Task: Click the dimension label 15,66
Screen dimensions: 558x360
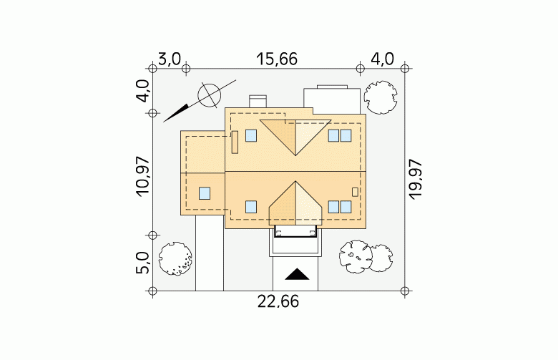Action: tap(277, 59)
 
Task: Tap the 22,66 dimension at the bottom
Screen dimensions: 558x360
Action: tap(278, 302)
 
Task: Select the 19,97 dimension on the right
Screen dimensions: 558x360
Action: tap(415, 180)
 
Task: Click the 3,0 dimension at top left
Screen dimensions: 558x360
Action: tap(170, 59)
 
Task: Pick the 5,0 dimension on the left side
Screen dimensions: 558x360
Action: tap(142, 263)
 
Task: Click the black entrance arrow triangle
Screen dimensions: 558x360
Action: tap(297, 274)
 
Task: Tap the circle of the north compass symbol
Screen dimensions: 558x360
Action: tap(209, 95)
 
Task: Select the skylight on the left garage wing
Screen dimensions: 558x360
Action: tap(205, 193)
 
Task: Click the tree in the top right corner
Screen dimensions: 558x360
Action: tap(381, 97)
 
